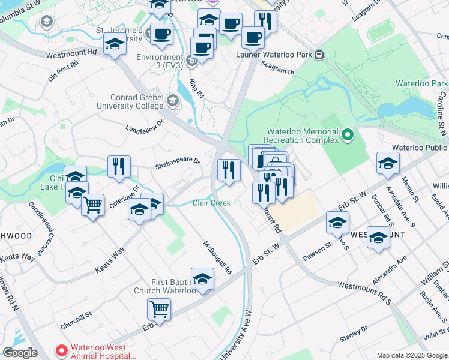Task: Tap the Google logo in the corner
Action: click(20, 353)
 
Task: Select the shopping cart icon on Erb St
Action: click(159, 310)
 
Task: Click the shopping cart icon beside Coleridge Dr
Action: click(92, 205)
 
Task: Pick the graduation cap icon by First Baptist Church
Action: click(202, 278)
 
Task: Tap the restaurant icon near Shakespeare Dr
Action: click(119, 166)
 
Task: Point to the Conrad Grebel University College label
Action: click(136, 102)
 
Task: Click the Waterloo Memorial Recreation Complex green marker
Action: click(348, 136)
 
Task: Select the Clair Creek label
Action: click(211, 203)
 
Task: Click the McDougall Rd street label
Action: click(217, 257)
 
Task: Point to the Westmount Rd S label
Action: click(364, 291)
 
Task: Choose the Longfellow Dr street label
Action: click(145, 127)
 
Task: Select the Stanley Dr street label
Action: click(354, 334)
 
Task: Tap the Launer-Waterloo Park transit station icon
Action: click(319, 55)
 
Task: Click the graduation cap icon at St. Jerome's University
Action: click(114, 44)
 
